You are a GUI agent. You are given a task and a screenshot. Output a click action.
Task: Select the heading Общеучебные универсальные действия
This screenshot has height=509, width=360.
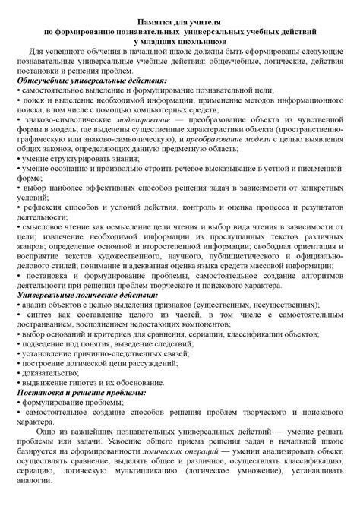tap(90, 79)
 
